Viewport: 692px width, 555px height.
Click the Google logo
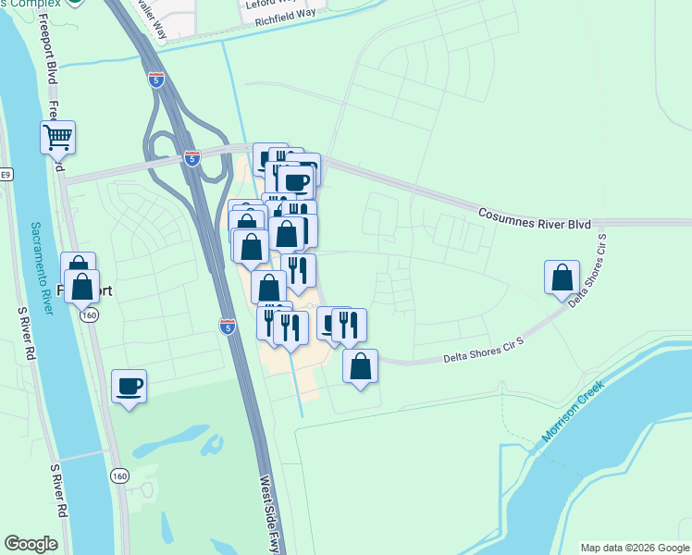[31, 544]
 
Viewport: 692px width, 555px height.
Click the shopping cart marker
[57, 138]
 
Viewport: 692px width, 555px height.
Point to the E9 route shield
[6, 174]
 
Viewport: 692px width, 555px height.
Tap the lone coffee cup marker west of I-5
[129, 386]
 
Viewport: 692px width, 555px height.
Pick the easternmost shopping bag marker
[562, 277]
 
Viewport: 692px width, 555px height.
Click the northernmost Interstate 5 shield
[157, 80]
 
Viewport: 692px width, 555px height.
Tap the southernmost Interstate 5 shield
[228, 326]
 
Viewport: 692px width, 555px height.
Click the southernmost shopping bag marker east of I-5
[360, 366]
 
